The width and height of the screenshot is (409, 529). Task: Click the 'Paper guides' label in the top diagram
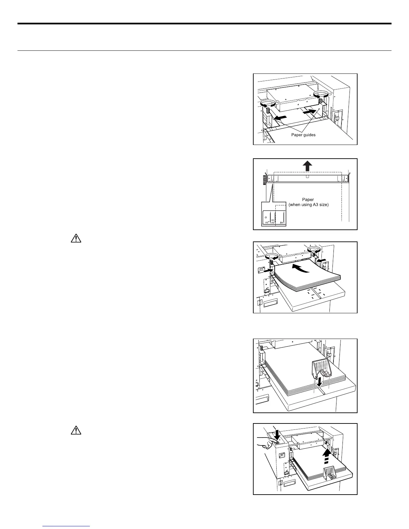click(303, 135)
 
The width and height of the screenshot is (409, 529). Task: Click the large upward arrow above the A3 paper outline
click(307, 166)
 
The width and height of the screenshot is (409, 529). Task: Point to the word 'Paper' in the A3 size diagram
click(308, 200)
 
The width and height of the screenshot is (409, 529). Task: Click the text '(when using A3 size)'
click(308, 205)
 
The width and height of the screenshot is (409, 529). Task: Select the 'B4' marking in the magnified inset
click(282, 222)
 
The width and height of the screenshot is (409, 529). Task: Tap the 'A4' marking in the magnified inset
click(273, 220)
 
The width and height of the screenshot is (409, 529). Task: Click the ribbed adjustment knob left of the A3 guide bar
click(265, 180)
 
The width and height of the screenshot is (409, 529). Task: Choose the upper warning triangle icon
click(76, 238)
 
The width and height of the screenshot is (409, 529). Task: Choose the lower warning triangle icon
click(76, 430)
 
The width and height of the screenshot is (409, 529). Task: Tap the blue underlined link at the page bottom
click(66, 526)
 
